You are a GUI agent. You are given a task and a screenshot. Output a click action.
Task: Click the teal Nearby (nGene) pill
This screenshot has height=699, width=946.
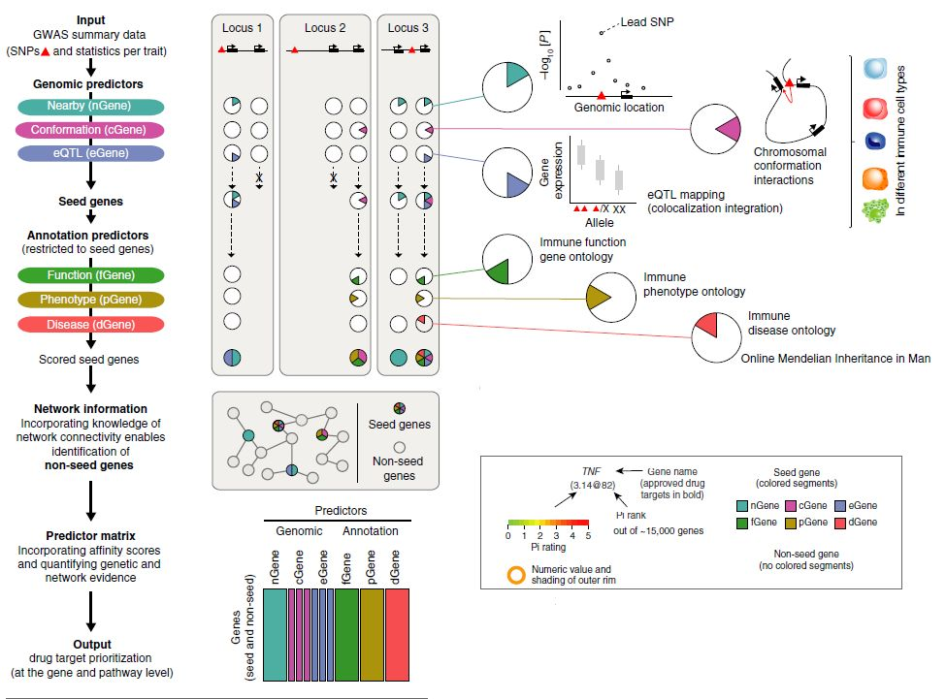(x=90, y=106)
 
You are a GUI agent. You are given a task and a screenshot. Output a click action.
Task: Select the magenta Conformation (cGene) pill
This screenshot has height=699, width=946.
(x=90, y=129)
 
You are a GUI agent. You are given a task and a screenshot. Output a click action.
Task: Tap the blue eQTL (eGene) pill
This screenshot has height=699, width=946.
(x=90, y=152)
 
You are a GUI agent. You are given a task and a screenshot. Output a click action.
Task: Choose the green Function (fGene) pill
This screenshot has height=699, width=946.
(x=90, y=276)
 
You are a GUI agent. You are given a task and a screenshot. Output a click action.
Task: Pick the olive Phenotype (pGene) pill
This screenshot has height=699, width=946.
(x=90, y=300)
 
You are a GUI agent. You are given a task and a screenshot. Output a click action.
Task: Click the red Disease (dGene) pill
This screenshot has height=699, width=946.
(x=90, y=324)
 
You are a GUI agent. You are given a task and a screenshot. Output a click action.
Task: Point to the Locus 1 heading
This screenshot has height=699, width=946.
(x=245, y=28)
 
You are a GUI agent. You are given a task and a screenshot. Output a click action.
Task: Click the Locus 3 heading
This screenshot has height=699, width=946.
(x=408, y=28)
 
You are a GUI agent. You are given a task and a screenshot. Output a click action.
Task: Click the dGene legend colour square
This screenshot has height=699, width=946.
(x=826, y=523)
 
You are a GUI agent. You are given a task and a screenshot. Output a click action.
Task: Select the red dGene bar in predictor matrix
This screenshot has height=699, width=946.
(x=398, y=627)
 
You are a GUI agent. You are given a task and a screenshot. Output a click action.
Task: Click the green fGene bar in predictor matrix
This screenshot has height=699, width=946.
(x=346, y=627)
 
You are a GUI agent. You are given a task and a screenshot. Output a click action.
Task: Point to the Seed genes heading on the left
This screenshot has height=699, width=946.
(x=90, y=202)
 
